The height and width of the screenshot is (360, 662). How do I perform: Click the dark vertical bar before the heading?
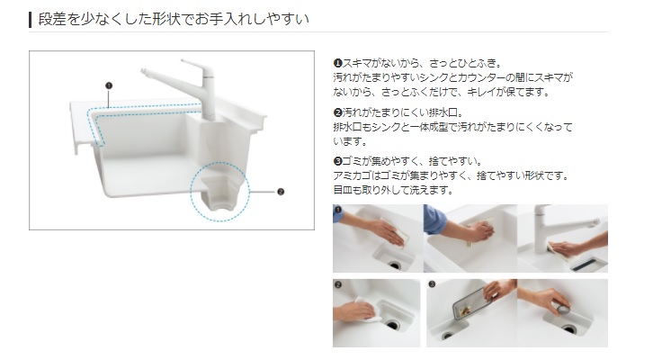[x=31, y=20]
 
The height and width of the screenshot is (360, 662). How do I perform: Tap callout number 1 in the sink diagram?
[x=109, y=85]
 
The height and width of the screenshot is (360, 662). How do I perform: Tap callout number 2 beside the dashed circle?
[x=281, y=192]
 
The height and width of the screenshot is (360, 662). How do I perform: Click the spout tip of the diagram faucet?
[x=144, y=70]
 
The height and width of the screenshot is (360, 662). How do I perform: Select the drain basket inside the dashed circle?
[x=220, y=193]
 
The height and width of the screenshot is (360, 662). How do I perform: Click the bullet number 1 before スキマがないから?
[x=337, y=63]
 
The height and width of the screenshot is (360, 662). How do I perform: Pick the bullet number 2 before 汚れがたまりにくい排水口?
[x=337, y=112]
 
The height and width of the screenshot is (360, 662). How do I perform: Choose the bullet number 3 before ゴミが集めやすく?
[x=337, y=161]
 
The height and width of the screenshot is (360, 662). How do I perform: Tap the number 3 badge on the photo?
[x=432, y=284]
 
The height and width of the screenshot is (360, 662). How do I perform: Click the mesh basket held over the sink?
[x=471, y=304]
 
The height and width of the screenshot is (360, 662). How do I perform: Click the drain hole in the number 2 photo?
[x=392, y=326]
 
